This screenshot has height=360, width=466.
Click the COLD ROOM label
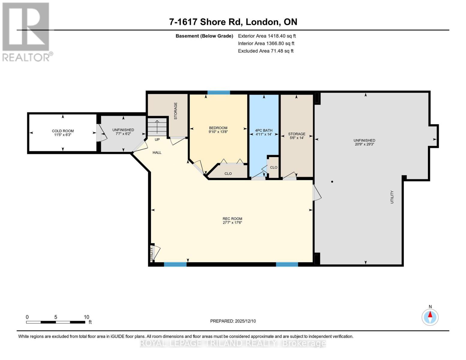pos(63,131)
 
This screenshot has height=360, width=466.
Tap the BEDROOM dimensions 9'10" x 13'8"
pos(218,132)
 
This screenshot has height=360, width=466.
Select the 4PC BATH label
pos(264,130)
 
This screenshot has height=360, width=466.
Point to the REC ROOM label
pos(232,219)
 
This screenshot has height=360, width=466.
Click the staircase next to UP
pos(157,127)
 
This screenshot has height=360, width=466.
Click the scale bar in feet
pos(56,322)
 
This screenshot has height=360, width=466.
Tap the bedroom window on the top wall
pos(219,92)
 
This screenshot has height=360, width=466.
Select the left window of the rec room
pos(175,264)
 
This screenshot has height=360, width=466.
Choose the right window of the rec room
pos(287,264)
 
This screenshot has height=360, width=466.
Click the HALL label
pos(157,152)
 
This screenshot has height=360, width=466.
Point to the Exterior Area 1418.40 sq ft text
pos(267,36)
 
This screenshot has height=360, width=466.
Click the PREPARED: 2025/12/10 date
pos(233,321)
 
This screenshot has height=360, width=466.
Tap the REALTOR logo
pos(26,31)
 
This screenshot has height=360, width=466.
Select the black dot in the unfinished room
pos(332,181)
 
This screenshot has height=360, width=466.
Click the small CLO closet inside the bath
pos(273,167)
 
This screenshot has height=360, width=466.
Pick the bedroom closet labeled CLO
pos(228,173)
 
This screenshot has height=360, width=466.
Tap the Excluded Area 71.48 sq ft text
pos(266,51)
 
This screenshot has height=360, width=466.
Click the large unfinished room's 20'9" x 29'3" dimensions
pos(364,144)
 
